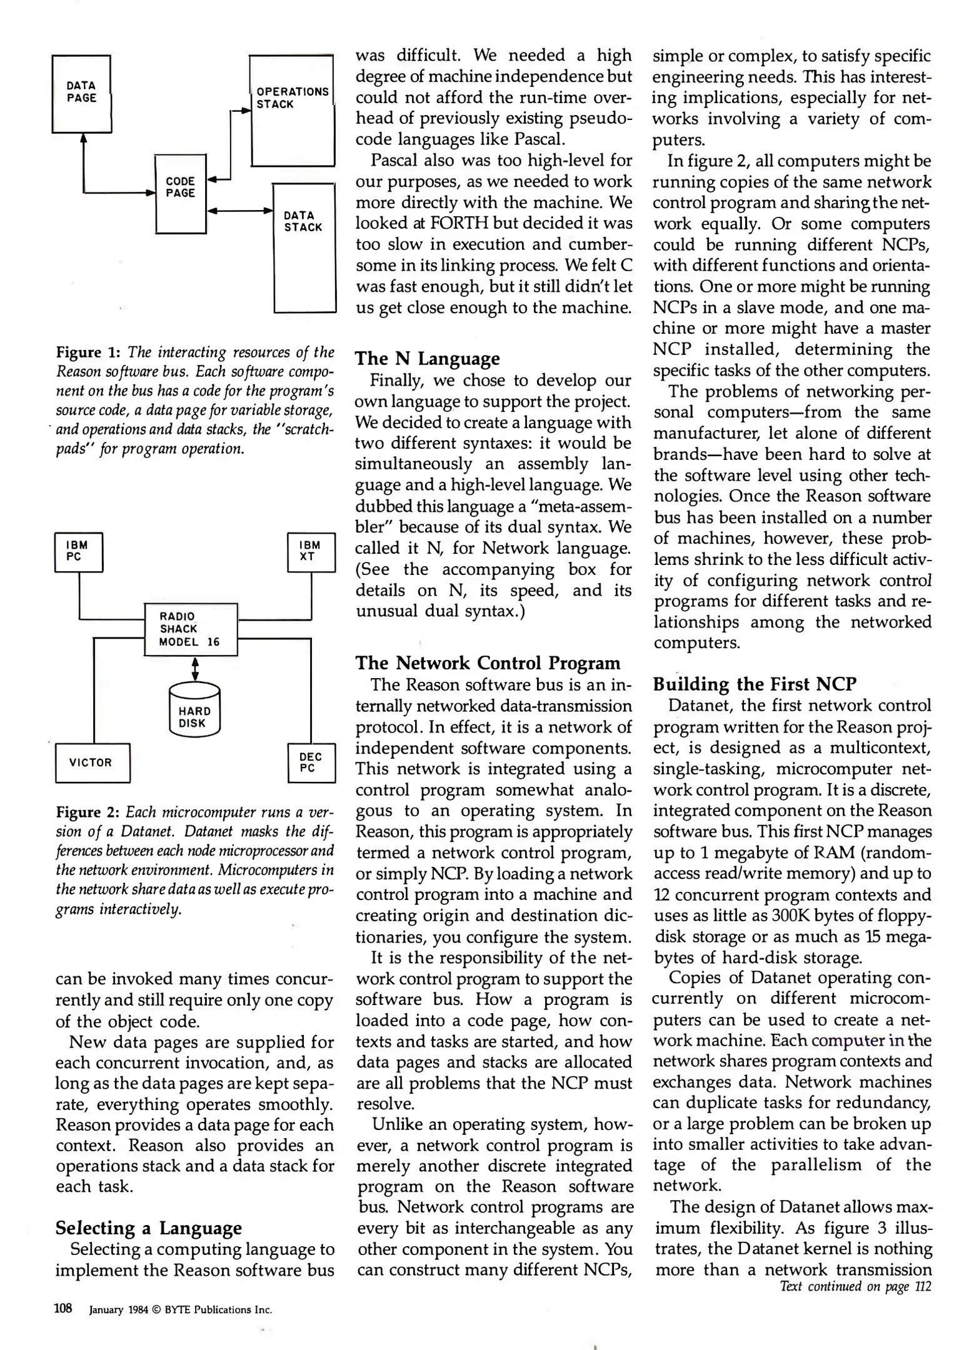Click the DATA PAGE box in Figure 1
[82, 94]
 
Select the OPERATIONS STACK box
[292, 110]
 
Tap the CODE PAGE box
[181, 193]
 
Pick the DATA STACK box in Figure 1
[304, 247]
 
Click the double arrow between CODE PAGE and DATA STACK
[240, 211]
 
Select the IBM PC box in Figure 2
[79, 552]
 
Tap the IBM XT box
[311, 552]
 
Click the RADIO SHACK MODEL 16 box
[191, 629]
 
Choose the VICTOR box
[93, 762]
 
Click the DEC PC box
[311, 762]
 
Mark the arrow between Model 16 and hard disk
[195, 669]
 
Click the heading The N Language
[428, 359]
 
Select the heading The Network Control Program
[488, 662]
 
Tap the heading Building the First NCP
[754, 684]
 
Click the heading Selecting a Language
[148, 1227]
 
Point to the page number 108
[64, 1308]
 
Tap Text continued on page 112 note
[855, 1286]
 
